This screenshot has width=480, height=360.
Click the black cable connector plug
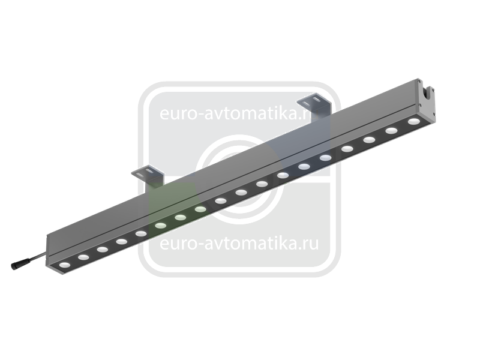tap(16, 265)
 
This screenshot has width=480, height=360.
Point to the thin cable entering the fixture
tap(33, 257)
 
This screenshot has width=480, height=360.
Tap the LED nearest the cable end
tap(65, 265)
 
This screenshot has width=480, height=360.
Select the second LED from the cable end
tap(83, 257)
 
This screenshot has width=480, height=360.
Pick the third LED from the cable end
tap(103, 250)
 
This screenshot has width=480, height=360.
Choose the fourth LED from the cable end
tap(122, 242)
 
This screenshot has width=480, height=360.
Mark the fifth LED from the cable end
tap(141, 234)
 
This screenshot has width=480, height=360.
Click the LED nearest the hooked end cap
tap(413, 122)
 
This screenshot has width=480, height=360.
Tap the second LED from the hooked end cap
tap(391, 131)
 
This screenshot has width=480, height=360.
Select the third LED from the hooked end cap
tap(369, 140)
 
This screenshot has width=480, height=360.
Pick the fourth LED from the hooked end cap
tap(347, 149)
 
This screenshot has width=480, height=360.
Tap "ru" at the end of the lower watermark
tap(311, 244)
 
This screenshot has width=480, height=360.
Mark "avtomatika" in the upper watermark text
tap(250, 113)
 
